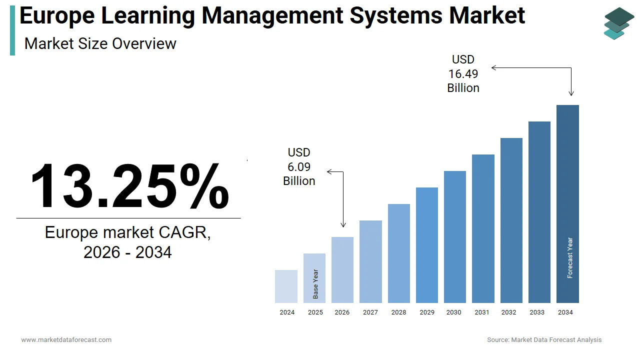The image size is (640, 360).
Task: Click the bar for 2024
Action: click(286, 286)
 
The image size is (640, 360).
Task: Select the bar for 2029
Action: click(427, 245)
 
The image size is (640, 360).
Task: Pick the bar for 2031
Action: click(483, 228)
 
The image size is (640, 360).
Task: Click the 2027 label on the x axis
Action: click(370, 312)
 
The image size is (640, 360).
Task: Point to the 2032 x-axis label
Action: click(509, 312)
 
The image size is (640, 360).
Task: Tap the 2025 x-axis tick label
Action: click(315, 312)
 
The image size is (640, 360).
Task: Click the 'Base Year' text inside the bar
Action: click(315, 284)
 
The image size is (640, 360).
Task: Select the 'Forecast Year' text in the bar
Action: click(570, 258)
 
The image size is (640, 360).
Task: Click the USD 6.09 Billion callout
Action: click(299, 166)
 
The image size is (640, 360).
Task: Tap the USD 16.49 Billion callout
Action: click(463, 74)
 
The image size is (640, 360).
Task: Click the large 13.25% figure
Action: click(129, 186)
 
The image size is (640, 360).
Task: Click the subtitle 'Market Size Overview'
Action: click(100, 43)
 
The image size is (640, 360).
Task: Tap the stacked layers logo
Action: click(618, 23)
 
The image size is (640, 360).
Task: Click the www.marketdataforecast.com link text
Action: click(66, 339)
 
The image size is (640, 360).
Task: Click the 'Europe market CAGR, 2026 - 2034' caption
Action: click(128, 242)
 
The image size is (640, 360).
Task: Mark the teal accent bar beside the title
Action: click(12, 30)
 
